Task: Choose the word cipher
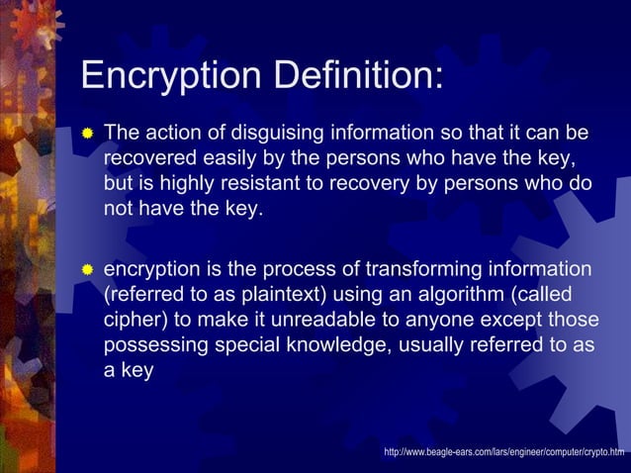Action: tap(133, 322)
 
